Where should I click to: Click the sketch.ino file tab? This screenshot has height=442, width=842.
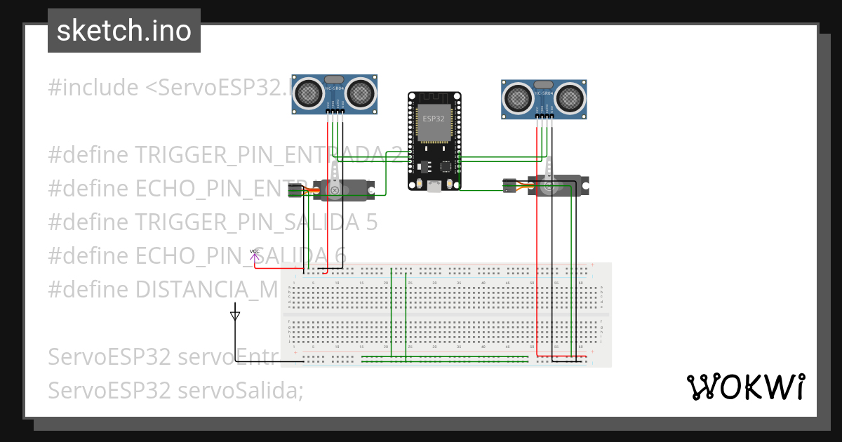click(x=123, y=31)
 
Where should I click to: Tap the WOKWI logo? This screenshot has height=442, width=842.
click(x=745, y=387)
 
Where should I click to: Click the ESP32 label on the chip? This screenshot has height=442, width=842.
click(x=433, y=119)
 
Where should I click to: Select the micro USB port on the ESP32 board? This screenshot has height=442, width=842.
click(x=434, y=185)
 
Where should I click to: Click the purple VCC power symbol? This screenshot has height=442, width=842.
click(x=254, y=253)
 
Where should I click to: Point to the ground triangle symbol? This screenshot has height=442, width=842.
click(x=235, y=316)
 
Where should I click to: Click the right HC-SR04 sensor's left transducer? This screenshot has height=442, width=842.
click(x=518, y=97)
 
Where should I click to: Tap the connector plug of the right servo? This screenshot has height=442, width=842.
click(x=510, y=185)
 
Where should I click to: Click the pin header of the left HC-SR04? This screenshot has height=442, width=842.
click(x=335, y=110)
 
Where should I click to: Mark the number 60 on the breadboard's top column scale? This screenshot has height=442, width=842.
click(x=580, y=282)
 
